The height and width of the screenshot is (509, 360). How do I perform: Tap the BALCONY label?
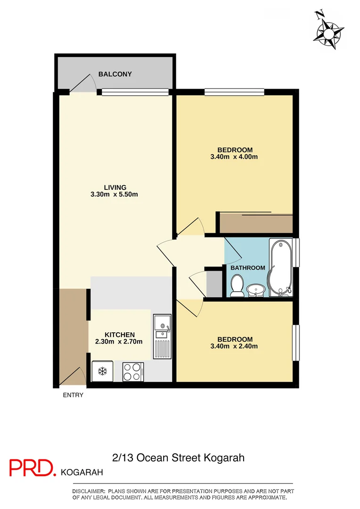[x=115, y=74]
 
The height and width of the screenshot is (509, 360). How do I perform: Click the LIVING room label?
[x=115, y=187]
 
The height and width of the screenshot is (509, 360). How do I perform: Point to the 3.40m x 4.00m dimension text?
[x=235, y=157]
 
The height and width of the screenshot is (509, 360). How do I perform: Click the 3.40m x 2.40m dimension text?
[x=235, y=346]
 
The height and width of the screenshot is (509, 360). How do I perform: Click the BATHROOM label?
[x=247, y=268]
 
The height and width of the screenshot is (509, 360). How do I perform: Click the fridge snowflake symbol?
[x=101, y=371]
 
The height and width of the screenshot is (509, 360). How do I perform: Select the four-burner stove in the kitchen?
[x=132, y=371]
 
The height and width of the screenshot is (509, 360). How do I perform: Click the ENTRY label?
[x=73, y=395]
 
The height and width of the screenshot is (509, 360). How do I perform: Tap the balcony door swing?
[x=83, y=84]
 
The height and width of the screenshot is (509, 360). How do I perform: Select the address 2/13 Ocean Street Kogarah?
[x=179, y=458]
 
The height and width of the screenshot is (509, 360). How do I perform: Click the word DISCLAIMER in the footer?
[x=89, y=492]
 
